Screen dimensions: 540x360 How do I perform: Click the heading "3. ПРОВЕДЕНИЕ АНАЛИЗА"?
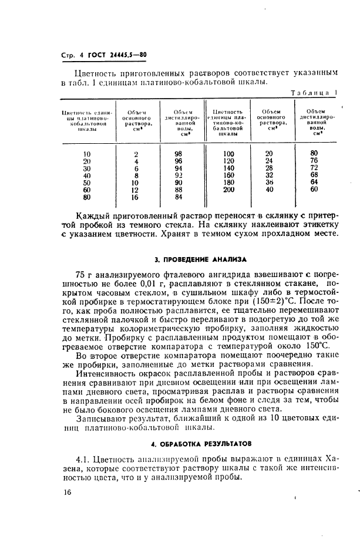pyautogui.click(x=200, y=258)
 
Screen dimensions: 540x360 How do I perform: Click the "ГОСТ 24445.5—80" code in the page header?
pyautogui.click(x=117, y=56)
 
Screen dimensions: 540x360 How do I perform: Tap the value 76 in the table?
pyautogui.click(x=314, y=161)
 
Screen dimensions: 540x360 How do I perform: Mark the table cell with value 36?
pyautogui.click(x=270, y=182)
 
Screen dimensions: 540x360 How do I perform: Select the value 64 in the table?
pyautogui.click(x=314, y=182)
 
